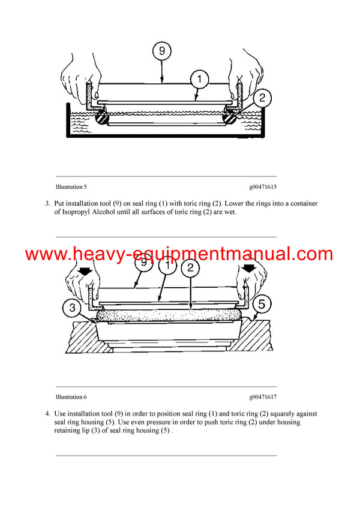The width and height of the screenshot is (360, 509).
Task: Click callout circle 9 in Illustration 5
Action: click(161, 52)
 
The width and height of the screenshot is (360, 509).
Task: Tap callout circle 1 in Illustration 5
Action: click(199, 78)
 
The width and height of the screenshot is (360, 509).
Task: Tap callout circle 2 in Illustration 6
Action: click(190, 267)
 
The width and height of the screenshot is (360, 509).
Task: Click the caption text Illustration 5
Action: click(71, 187)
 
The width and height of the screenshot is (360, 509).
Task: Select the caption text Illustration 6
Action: click(71, 397)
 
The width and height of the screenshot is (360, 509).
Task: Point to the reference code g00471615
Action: click(263, 187)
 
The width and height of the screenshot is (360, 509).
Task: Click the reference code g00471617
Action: click(263, 397)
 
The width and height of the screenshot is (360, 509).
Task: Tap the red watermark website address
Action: click(179, 254)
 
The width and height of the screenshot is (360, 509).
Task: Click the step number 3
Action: click(47, 204)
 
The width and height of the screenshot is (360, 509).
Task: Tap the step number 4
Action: click(47, 414)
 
